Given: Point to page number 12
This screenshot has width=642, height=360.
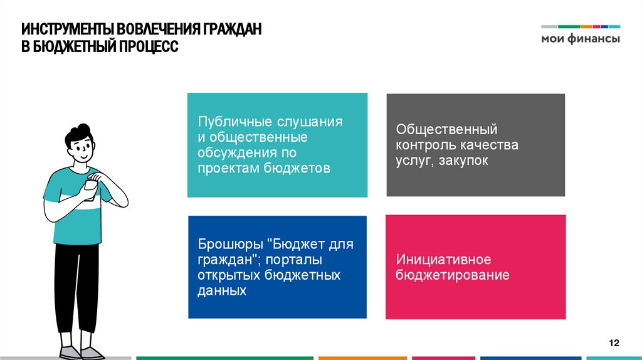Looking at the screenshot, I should click(614, 342).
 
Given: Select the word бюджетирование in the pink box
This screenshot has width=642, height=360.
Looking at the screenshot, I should click(452, 275).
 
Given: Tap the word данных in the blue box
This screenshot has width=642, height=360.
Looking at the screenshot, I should click(221, 291).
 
